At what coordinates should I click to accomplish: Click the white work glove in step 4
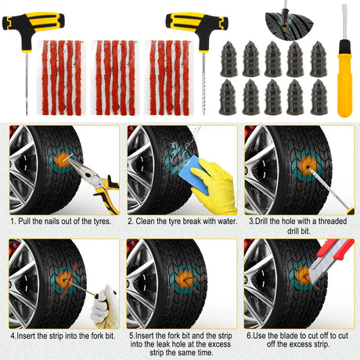point(105,307)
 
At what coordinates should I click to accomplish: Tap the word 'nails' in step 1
point(52,221)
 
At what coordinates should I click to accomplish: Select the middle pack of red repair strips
point(115,77)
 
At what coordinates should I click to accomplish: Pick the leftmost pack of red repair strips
point(62,77)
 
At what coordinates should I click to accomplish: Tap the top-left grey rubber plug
point(229,59)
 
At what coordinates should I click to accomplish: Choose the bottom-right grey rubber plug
point(319,97)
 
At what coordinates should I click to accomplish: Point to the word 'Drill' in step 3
point(261,221)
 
